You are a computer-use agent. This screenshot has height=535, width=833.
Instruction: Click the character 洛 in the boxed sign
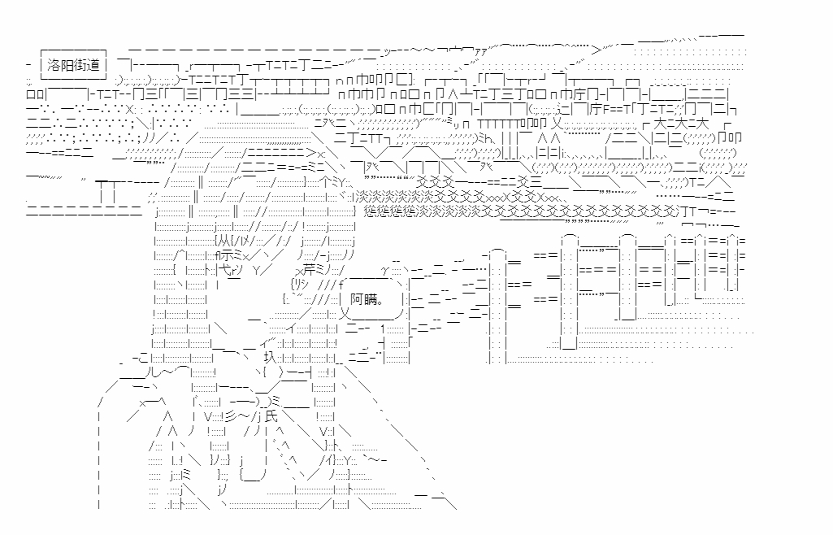56,64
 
